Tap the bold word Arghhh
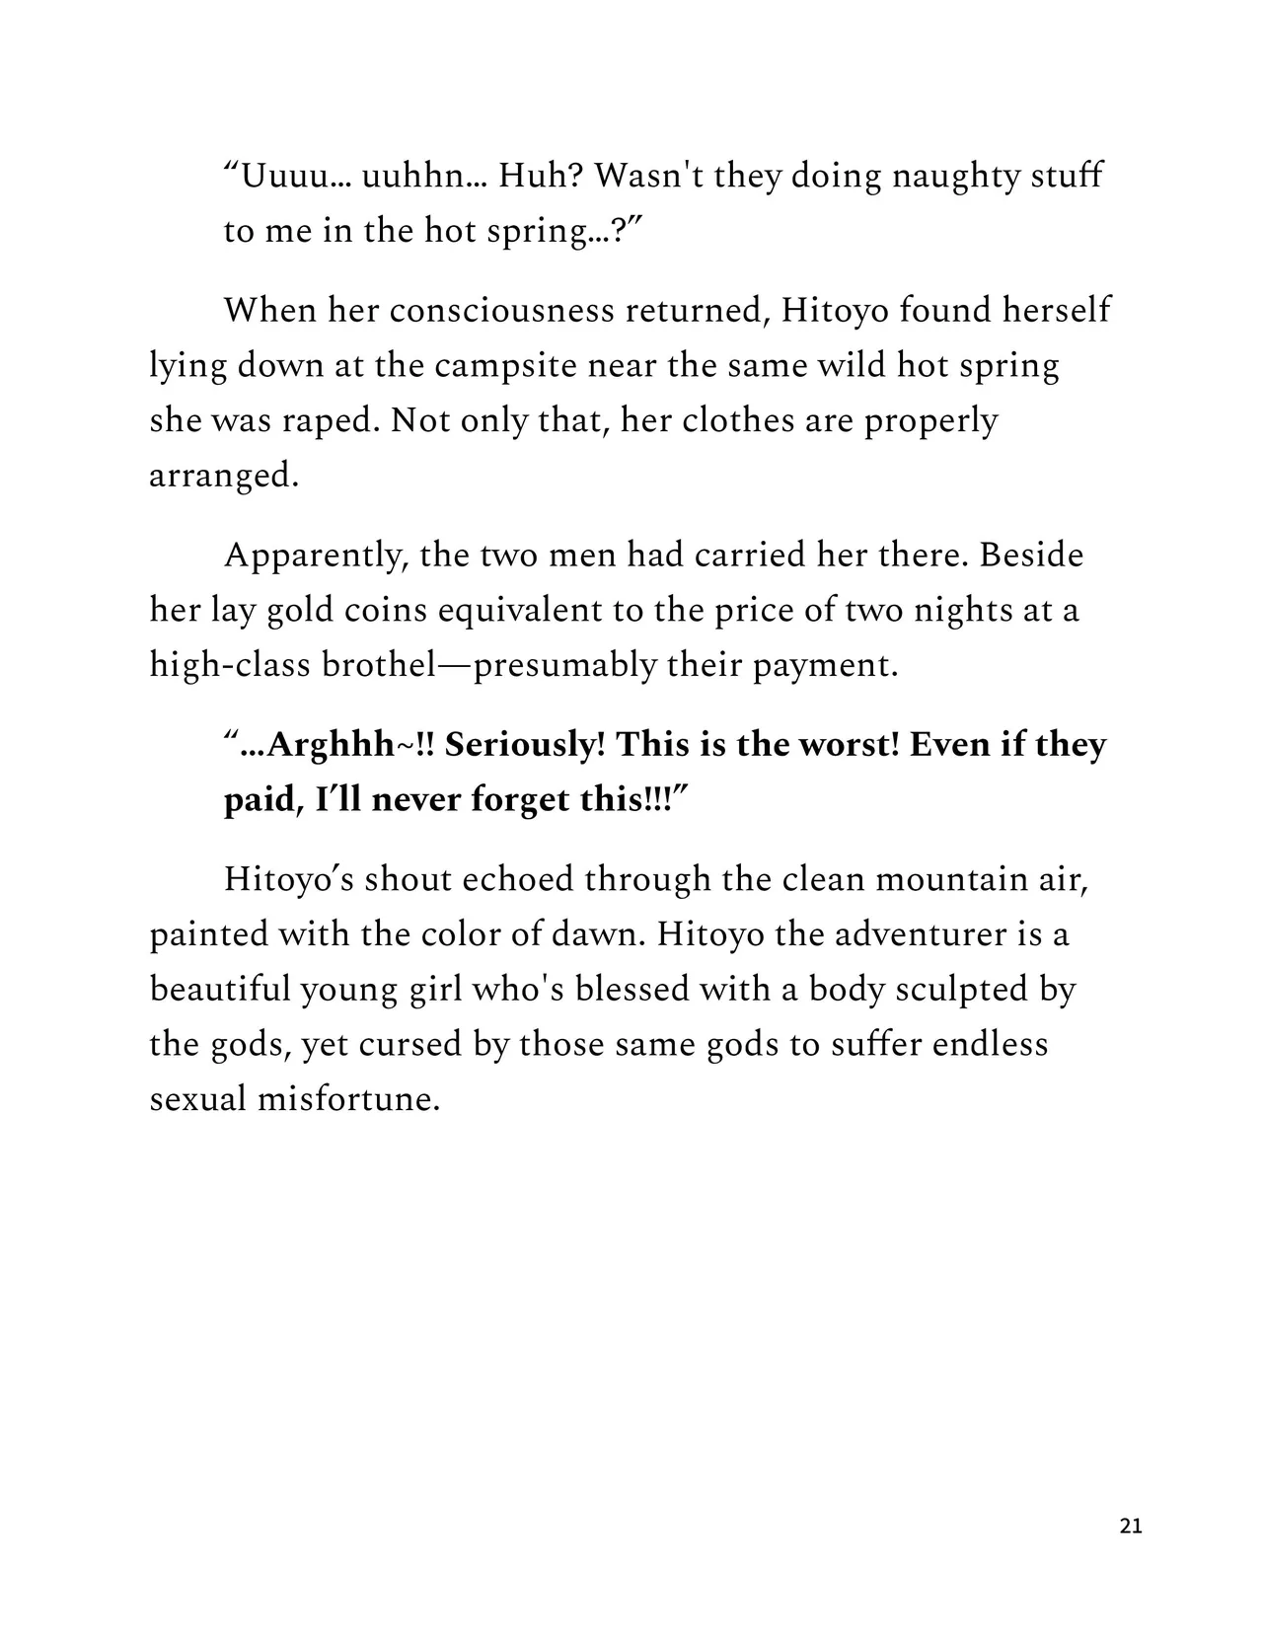click(x=330, y=745)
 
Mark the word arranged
click(x=223, y=477)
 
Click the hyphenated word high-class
click(x=231, y=666)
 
